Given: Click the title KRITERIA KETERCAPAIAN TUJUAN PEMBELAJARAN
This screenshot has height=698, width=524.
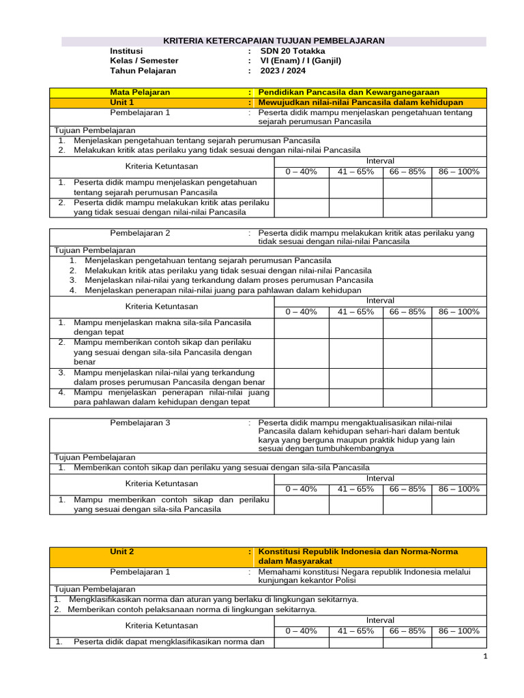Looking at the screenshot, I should point(274,41).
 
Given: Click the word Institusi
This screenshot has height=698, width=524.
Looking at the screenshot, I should point(127,51).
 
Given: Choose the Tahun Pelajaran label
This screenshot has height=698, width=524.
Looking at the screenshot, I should point(143,70).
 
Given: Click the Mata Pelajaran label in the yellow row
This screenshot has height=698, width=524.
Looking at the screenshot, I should point(141,92).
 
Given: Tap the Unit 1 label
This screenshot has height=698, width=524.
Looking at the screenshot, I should point(122,102).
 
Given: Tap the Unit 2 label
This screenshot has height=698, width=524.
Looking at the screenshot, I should point(122,551).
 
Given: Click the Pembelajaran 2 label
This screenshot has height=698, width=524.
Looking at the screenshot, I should point(140,232).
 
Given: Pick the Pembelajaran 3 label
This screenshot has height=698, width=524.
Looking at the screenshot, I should point(140,423).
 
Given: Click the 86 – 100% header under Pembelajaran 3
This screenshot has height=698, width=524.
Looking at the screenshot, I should point(458,489).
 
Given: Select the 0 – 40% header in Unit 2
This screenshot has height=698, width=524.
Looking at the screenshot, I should point(301,631).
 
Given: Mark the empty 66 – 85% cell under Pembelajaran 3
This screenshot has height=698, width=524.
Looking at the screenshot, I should point(407,504).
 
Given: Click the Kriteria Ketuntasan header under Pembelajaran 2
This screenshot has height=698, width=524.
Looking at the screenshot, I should point(162,307).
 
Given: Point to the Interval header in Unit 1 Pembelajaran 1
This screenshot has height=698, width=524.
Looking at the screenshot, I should point(380,161).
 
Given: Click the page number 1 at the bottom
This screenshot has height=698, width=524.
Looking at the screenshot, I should point(485,656).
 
